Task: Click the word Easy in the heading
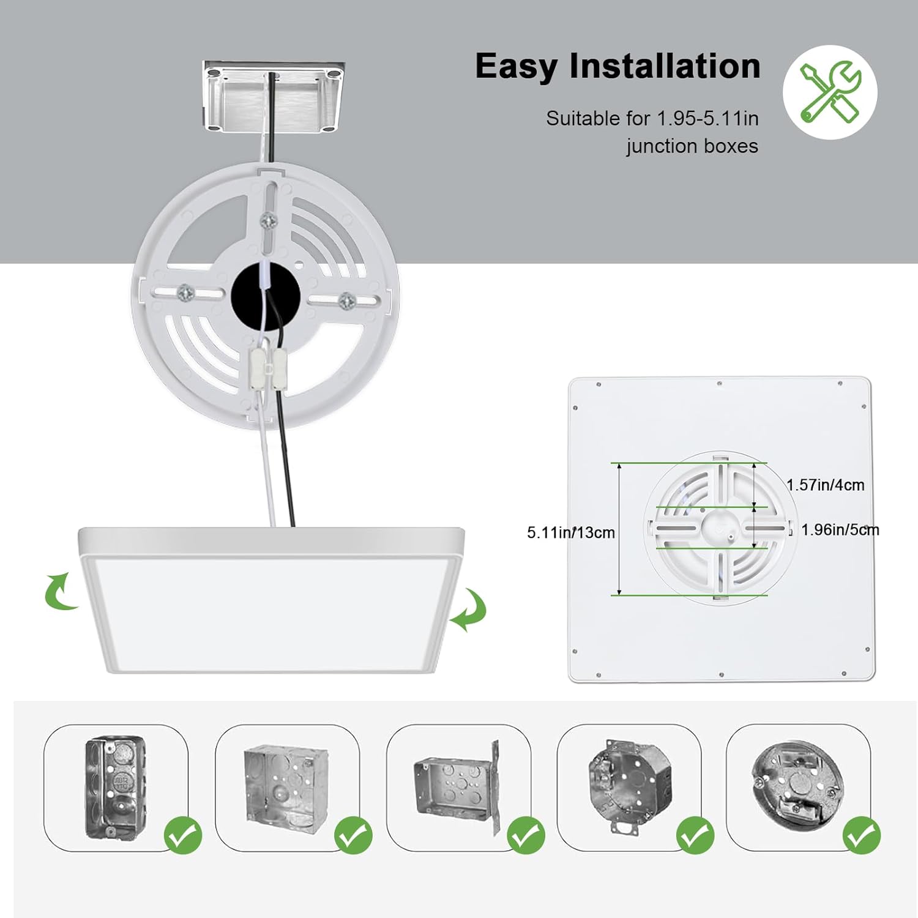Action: coord(515,67)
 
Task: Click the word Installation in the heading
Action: coord(665,66)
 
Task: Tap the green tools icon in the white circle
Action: coord(830,92)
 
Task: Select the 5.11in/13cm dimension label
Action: coord(570,532)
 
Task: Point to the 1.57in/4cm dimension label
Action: coord(825,485)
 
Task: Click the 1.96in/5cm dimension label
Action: coord(840,530)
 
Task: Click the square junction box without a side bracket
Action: coord(285,784)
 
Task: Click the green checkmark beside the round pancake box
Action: coord(862,835)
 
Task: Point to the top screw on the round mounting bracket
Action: coord(267,219)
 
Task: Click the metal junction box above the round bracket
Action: coord(274,97)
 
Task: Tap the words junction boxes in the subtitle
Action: coord(692,146)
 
